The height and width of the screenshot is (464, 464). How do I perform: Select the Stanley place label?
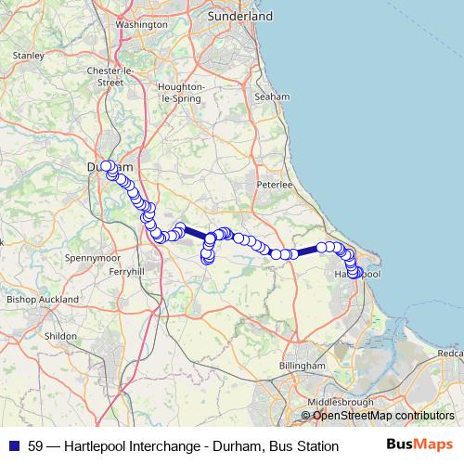(30, 56)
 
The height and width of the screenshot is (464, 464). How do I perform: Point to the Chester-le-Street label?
(110, 76)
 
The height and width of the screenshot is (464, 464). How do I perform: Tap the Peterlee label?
(275, 185)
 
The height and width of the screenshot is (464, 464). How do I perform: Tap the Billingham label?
(303, 367)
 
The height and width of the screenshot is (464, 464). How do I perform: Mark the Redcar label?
(451, 354)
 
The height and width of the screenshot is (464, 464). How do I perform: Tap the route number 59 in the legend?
(35, 446)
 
